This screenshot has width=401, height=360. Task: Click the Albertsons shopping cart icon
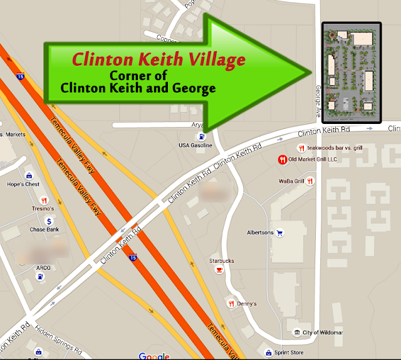[x=280, y=232]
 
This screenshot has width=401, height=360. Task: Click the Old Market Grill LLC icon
[x=283, y=159]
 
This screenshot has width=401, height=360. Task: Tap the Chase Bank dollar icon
[x=48, y=222]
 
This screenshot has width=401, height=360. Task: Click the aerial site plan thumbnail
[x=351, y=73]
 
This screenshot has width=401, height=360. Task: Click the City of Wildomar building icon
[x=297, y=332]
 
